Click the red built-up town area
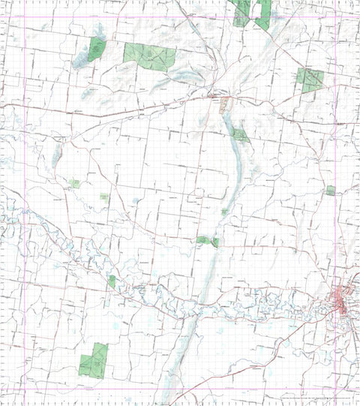click(x=342, y=300)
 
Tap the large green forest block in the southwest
click(x=94, y=361)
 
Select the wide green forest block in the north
click(x=150, y=56)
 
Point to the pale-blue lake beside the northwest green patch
click(x=81, y=60)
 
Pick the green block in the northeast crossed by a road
click(x=310, y=78)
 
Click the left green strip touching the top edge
click(x=241, y=12)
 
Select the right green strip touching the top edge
click(x=263, y=14)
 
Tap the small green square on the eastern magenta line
click(x=331, y=191)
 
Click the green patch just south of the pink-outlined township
click(x=240, y=135)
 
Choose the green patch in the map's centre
click(x=207, y=241)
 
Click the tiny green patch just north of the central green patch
click(x=224, y=212)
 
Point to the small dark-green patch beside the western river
click(x=112, y=281)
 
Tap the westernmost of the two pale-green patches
click(x=74, y=183)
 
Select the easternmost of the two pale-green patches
click(x=104, y=197)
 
